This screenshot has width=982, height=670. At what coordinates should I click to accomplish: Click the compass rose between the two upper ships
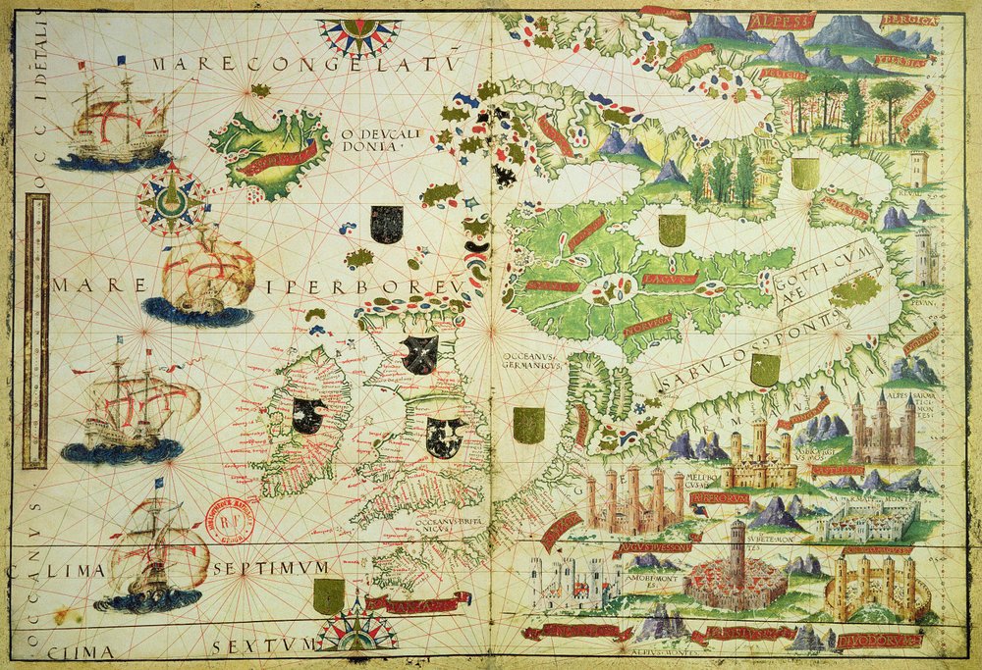pyautogui.click(x=172, y=195)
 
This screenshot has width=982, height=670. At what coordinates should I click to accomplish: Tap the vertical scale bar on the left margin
pyautogui.click(x=37, y=329)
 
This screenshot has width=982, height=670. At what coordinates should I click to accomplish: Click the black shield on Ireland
pyautogui.click(x=308, y=416)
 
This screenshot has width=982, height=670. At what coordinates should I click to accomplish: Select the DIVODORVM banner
pyautogui.click(x=890, y=637)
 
